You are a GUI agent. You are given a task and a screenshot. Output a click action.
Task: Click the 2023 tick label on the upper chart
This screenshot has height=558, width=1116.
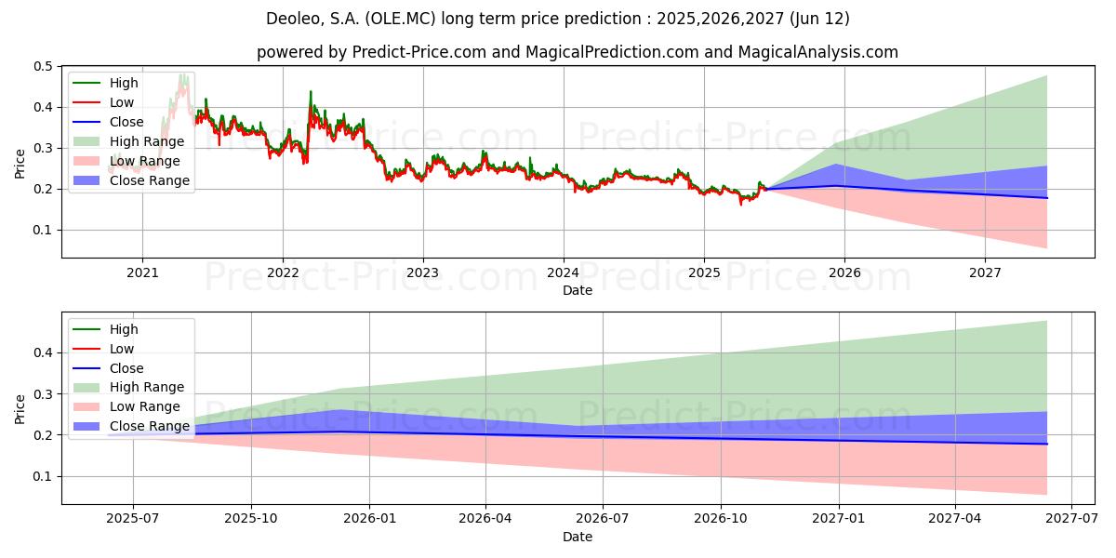(423, 272)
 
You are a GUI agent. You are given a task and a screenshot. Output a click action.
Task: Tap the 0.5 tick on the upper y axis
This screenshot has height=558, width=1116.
(42, 67)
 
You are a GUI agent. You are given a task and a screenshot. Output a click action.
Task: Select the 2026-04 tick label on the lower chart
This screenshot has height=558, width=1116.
(485, 519)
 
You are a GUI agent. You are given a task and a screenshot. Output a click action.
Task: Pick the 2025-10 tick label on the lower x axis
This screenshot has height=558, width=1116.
(250, 519)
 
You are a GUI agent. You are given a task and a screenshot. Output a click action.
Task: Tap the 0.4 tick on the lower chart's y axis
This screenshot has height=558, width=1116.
(42, 353)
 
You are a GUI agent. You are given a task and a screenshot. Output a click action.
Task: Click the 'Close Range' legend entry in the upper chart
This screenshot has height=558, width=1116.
(149, 180)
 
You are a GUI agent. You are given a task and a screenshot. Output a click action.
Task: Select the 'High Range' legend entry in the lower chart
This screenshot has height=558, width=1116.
(147, 387)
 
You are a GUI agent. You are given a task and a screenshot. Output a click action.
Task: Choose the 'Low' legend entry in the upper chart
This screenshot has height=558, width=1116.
(122, 102)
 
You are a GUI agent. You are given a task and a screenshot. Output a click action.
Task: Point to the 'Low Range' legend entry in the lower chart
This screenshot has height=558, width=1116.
(145, 406)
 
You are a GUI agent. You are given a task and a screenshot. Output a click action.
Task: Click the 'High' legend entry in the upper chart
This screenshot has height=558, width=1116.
(124, 83)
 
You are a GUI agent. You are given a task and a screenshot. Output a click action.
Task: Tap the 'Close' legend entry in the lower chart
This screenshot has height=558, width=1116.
(126, 368)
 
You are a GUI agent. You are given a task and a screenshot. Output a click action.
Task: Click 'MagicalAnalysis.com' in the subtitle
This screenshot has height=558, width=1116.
(818, 52)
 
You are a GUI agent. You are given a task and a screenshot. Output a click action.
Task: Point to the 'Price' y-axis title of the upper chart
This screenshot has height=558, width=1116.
(20, 163)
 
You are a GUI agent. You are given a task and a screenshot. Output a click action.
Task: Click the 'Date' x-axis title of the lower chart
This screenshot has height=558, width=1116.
(578, 537)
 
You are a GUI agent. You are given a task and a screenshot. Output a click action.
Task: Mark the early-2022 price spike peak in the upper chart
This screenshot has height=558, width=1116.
(311, 91)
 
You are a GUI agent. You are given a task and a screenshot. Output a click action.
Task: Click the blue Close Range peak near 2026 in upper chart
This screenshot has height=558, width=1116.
(836, 165)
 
